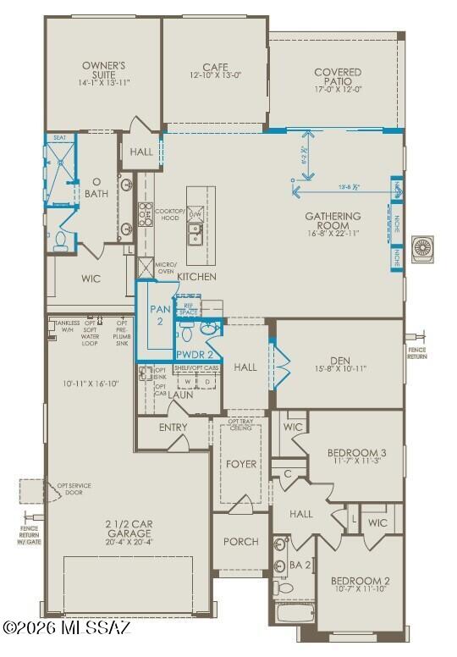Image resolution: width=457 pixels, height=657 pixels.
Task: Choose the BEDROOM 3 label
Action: pyautogui.click(x=356, y=454)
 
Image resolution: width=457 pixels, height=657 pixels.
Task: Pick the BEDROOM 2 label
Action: pyautogui.click(x=360, y=582)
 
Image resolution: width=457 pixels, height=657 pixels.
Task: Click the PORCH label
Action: pyautogui.click(x=240, y=542)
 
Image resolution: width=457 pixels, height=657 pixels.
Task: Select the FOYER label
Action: pyautogui.click(x=241, y=464)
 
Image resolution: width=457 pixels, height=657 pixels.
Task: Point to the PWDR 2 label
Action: pyautogui.click(x=194, y=354)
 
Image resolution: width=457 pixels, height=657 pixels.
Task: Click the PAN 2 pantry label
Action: pyautogui.click(x=160, y=315)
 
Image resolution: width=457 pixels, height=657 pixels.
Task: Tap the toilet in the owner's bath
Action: pyautogui.click(x=61, y=243)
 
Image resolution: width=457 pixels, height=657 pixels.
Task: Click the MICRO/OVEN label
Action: pyautogui.click(x=166, y=268)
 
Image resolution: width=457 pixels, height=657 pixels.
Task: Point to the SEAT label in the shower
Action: pyautogui.click(x=59, y=137)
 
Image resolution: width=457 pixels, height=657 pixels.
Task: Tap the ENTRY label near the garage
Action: pyautogui.click(x=173, y=428)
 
